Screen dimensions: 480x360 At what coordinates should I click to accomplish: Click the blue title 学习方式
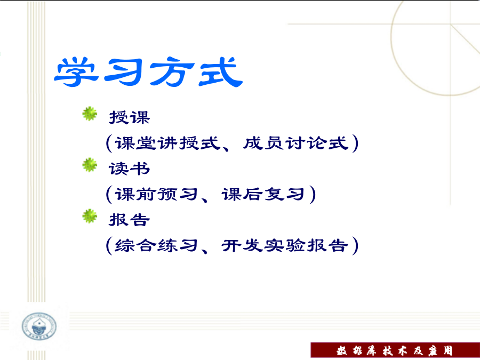pos(148,71)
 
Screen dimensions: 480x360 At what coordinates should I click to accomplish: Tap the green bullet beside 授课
pos(90,114)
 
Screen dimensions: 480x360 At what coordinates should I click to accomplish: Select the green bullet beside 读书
pos(90,165)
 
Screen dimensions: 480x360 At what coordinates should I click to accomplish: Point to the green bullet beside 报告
pos(90,216)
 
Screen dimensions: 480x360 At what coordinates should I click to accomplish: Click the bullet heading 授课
pos(130,117)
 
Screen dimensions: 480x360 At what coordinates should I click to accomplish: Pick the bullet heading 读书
pos(130,169)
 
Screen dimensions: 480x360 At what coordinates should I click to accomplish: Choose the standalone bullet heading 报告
pos(130,220)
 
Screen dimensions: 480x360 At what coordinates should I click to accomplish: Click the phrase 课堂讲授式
pos(167,143)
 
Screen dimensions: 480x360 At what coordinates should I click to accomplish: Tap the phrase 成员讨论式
pos(295,143)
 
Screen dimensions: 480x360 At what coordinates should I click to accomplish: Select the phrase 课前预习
pos(156,194)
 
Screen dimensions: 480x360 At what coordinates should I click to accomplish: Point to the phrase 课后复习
pos(263,194)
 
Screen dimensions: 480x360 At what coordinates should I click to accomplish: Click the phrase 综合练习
pos(156,245)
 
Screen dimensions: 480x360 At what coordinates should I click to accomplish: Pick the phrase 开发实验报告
pos(285,245)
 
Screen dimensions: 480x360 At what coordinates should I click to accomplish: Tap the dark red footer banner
pos(395,350)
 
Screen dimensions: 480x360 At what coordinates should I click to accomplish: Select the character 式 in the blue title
pos(220,71)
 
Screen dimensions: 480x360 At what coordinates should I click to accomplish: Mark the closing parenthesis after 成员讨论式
pos(355,143)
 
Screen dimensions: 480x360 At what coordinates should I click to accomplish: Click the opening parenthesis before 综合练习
pos(109,245)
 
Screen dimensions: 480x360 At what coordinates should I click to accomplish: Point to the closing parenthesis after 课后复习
pos(311,194)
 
